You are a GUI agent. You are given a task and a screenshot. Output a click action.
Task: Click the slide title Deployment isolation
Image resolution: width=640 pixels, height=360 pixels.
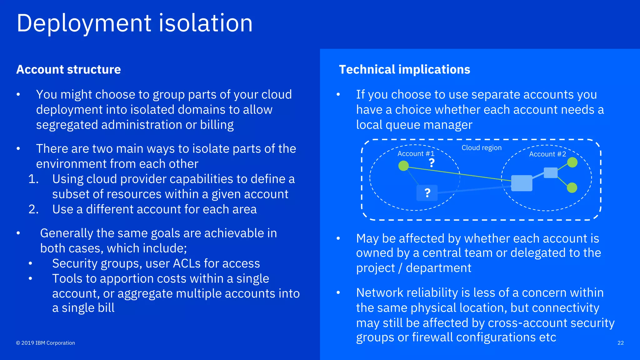(x=134, y=23)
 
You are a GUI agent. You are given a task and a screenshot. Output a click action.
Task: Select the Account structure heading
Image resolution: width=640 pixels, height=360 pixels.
(x=68, y=69)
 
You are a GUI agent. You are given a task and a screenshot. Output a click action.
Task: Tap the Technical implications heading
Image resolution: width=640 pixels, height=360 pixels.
(x=404, y=69)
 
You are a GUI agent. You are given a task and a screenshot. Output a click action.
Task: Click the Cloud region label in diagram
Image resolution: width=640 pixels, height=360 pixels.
(x=482, y=148)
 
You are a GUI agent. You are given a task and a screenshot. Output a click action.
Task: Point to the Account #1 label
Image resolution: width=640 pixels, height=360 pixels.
(x=416, y=154)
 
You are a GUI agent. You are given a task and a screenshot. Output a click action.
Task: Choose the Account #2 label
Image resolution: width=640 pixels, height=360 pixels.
(x=547, y=154)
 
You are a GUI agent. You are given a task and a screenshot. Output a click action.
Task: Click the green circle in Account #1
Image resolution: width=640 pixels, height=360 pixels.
(x=403, y=166)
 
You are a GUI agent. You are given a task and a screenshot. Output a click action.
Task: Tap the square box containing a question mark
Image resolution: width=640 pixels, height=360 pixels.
(x=427, y=193)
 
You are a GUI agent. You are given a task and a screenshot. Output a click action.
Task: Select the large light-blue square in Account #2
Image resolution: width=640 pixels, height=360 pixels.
(x=522, y=183)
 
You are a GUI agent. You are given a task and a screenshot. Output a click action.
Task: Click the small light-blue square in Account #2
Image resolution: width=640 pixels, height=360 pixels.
(x=551, y=173)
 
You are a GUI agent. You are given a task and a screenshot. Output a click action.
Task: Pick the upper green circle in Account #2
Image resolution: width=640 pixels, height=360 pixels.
(x=572, y=162)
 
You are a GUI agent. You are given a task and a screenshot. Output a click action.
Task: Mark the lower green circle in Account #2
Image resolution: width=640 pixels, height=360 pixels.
(x=572, y=188)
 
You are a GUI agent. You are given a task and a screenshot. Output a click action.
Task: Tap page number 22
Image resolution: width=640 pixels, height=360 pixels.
(x=621, y=343)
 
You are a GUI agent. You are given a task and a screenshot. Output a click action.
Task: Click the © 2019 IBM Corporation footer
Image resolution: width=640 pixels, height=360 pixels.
(x=46, y=343)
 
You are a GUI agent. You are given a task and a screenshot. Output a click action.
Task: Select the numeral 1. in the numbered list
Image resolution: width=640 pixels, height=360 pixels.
(x=33, y=179)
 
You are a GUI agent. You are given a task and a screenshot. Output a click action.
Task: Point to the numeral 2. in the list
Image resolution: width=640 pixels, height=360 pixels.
(x=33, y=209)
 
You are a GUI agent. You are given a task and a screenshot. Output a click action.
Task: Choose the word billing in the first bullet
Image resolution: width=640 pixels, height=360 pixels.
(x=217, y=125)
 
